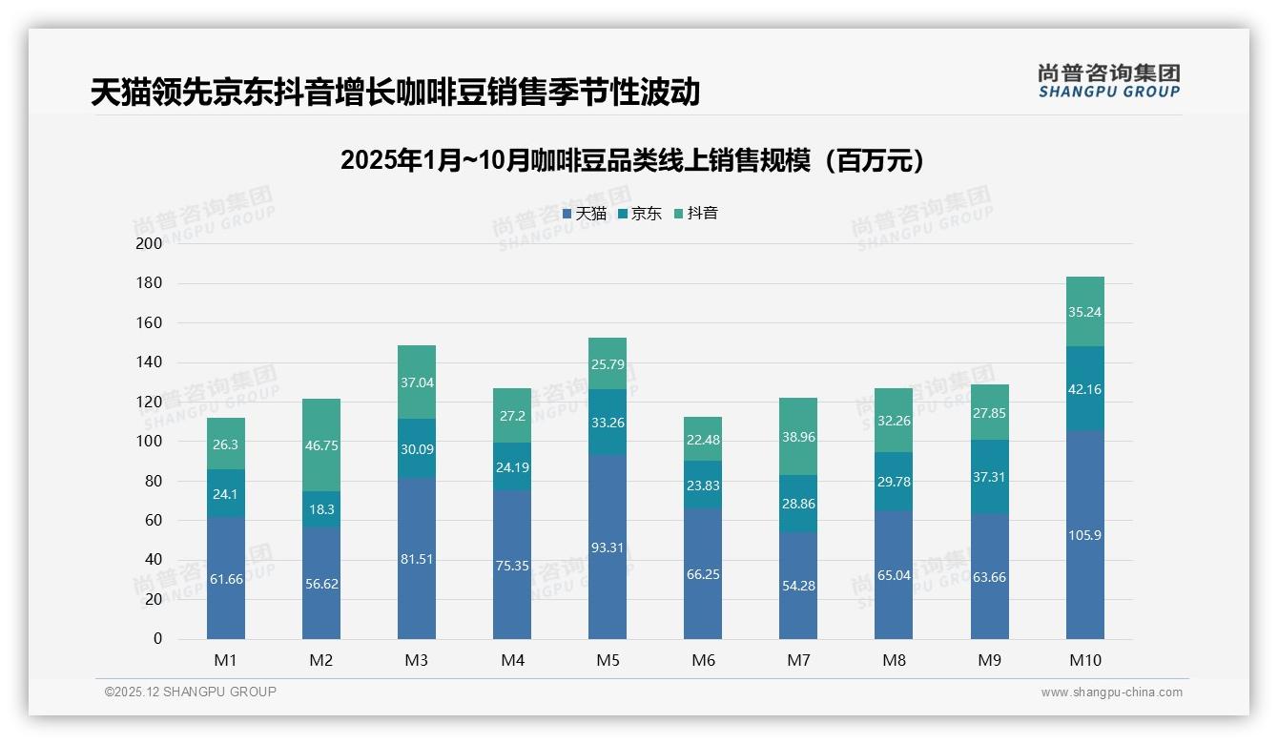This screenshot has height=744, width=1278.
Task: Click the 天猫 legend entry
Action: [x=585, y=214]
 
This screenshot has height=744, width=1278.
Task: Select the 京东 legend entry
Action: [x=640, y=214]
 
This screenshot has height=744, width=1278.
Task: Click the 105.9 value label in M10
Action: [x=1084, y=535]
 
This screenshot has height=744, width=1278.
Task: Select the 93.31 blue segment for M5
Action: [x=608, y=547]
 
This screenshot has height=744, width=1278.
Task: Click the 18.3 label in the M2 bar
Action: [x=321, y=509]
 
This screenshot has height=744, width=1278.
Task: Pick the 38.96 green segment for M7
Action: [x=798, y=437]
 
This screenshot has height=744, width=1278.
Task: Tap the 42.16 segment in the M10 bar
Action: [x=1084, y=389]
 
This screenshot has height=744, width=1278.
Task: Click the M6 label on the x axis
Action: [x=703, y=660]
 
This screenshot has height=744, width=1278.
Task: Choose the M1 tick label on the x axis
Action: [x=226, y=660]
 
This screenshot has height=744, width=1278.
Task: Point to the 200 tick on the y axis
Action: [x=150, y=243]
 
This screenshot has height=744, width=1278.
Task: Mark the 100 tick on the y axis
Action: [x=150, y=442]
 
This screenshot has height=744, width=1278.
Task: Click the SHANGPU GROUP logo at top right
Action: [x=1108, y=81]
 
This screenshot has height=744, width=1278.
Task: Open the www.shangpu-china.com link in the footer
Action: [x=1111, y=692]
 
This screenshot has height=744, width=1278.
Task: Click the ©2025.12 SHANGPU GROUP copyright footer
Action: [x=191, y=692]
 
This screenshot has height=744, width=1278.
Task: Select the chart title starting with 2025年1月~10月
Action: [x=632, y=160]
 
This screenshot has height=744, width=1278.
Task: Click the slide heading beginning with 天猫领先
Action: [x=396, y=92]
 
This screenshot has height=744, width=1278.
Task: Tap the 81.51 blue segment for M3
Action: [x=417, y=559]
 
